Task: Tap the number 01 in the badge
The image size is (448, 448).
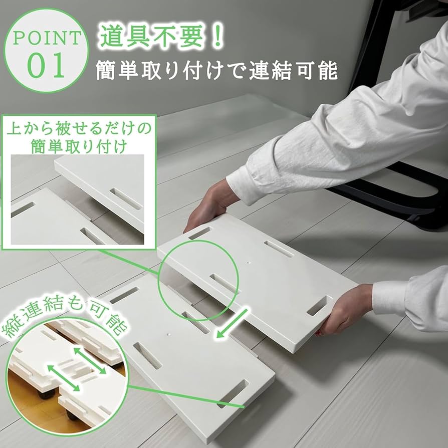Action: click(46, 65)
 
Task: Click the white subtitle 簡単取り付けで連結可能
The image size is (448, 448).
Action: click(216, 71)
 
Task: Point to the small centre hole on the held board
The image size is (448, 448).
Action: click(249, 261)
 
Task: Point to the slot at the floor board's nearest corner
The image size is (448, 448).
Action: click(233, 394)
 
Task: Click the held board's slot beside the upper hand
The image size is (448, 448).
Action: click(199, 233)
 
